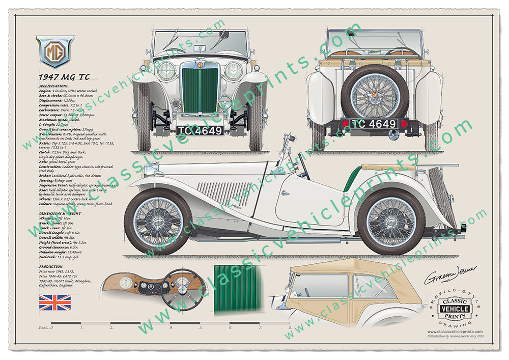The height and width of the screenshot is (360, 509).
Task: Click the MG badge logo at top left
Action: (54, 51)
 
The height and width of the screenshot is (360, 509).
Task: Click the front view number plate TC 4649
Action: (200, 130)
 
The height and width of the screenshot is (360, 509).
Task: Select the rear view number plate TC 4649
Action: (374, 124)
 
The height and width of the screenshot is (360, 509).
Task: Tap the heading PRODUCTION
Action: (50, 266)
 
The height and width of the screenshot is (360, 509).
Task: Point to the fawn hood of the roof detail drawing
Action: (351, 269)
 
